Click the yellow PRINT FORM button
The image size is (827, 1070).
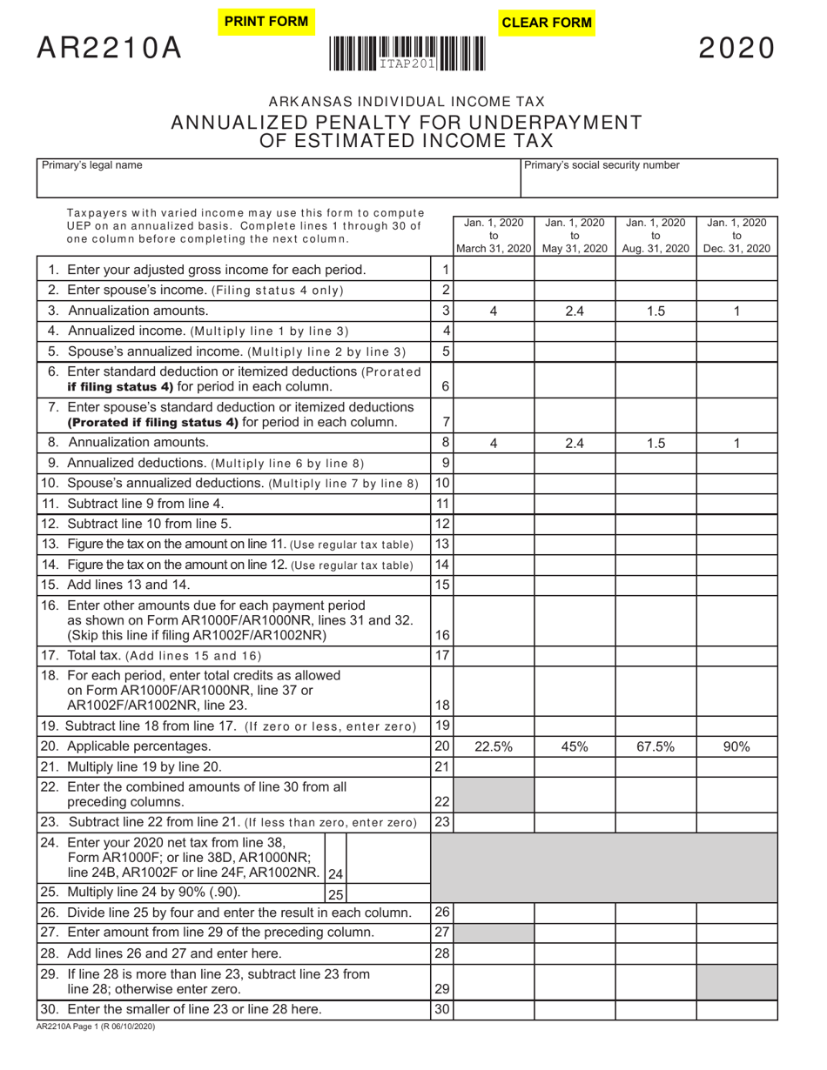coord(266,22)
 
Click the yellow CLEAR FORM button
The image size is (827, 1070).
coord(547,23)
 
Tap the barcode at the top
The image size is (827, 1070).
coord(407,53)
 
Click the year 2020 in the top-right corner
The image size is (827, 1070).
coord(736,49)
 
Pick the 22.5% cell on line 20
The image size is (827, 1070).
coord(493,746)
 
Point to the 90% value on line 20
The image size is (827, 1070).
coord(736,746)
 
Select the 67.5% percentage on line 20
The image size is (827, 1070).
coord(656,746)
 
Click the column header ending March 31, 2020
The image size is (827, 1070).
coord(493,236)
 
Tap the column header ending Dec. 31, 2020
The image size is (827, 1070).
coord(736,236)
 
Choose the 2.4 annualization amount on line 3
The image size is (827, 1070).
coord(575,311)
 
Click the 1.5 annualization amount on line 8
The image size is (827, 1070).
coord(656,443)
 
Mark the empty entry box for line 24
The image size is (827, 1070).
coord(388,857)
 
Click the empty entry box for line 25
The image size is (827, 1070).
coord(388,893)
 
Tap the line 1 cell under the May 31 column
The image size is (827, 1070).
coord(575,270)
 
